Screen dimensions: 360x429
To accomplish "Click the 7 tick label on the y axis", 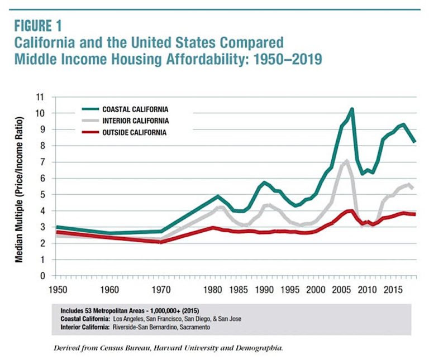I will (x=41, y=162).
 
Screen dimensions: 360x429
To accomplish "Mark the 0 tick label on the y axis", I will (x=41, y=276).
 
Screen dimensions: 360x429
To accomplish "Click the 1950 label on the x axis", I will (x=58, y=290).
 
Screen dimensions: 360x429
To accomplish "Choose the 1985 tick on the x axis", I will (x=238, y=290).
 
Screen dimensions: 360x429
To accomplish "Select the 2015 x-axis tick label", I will (x=392, y=290).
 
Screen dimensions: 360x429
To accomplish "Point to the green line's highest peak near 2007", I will (x=352, y=109).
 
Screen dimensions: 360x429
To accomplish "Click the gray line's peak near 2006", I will (x=347, y=161).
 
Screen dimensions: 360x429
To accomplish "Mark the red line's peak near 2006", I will (x=350, y=210).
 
